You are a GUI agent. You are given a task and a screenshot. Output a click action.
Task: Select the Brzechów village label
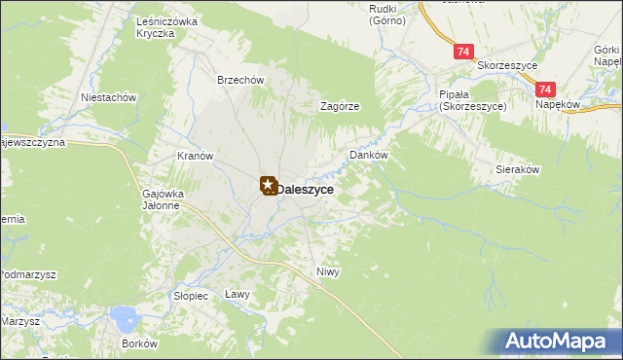[240, 81]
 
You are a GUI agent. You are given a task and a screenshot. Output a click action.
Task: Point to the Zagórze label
[342, 107]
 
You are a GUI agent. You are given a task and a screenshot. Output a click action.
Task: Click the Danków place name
[369, 155]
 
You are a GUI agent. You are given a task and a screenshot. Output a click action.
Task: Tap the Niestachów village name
[109, 97]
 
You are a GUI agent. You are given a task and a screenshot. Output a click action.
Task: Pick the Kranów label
[195, 156]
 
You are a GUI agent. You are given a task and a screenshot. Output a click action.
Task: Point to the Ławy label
[238, 294]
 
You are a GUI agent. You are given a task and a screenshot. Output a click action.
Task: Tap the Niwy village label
[328, 271]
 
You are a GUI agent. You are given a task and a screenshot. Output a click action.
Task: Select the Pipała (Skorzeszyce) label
[472, 100]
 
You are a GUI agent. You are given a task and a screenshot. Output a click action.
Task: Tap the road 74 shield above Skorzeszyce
[464, 51]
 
